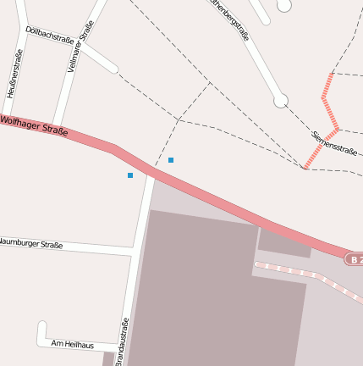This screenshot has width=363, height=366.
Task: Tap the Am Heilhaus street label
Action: pos(71,343)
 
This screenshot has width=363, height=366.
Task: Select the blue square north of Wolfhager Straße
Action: pos(171,160)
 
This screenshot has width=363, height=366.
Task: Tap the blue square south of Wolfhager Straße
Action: pos(130,175)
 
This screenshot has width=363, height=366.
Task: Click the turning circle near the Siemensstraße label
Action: pos(281,101)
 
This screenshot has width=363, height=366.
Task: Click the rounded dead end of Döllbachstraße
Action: pos(114,69)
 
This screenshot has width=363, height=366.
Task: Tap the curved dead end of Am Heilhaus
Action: pos(41,325)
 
